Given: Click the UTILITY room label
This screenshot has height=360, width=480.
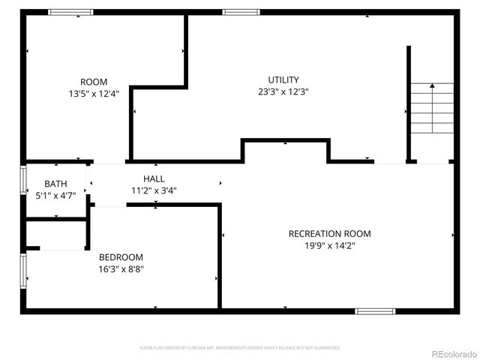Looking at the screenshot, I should [283, 80].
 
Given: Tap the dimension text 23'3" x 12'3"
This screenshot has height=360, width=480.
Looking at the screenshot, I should [283, 91].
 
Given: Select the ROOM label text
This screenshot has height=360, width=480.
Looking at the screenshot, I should [94, 82].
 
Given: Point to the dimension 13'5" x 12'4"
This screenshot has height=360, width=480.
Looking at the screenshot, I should [94, 94].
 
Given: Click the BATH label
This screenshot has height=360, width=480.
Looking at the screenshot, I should [55, 184].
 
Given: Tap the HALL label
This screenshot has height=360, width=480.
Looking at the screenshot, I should [154, 179].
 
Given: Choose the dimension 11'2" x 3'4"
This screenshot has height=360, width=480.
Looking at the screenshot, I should [154, 190].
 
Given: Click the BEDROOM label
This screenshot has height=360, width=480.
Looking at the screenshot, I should [121, 257].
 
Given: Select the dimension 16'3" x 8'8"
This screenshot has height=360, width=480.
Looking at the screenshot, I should [121, 268].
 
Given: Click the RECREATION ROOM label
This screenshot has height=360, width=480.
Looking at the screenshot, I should [329, 234].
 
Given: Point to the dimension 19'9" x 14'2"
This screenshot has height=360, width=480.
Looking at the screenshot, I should [329, 245].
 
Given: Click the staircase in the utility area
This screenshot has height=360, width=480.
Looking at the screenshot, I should [432, 108].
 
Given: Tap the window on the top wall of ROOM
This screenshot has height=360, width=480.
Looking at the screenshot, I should [70, 12].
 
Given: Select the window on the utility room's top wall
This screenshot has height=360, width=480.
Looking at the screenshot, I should [241, 12].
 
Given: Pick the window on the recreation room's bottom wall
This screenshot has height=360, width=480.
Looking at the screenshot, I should [375, 310].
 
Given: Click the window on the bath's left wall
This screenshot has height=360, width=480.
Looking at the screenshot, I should [23, 181].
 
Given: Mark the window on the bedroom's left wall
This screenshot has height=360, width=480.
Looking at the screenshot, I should [23, 271].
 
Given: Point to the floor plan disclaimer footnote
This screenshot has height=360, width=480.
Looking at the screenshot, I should [240, 348].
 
